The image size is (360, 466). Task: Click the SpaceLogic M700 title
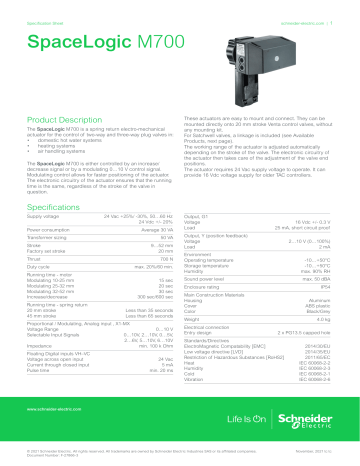click(x=93, y=45)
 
